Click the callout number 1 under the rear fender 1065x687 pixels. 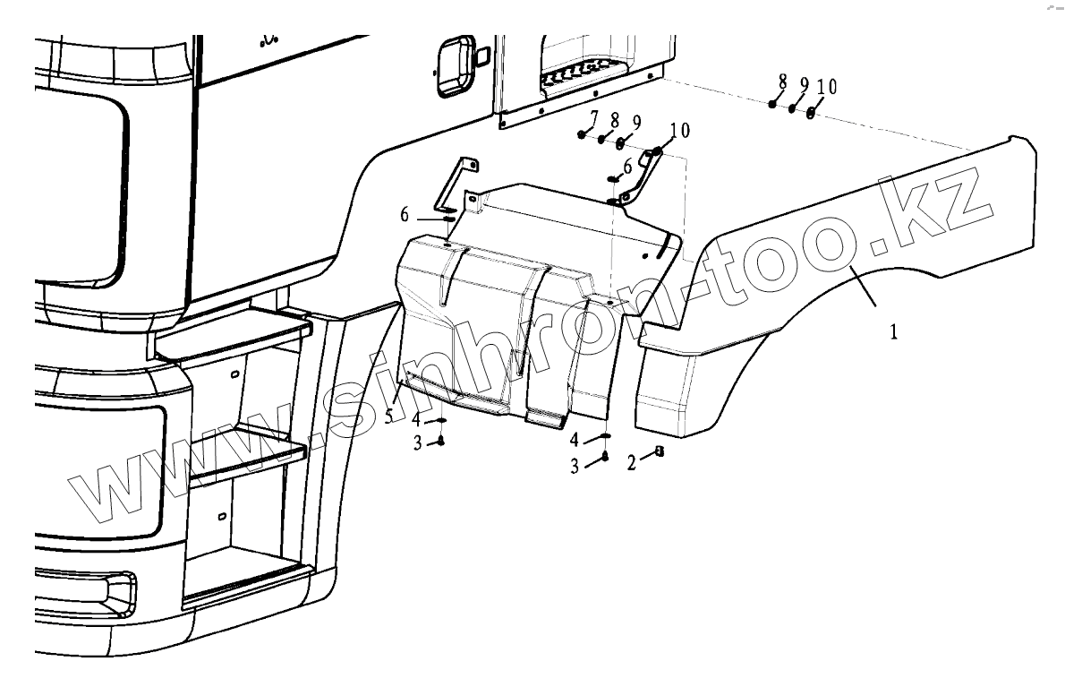893,331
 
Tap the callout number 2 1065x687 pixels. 631,463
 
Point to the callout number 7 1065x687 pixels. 593,117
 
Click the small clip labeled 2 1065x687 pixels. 660,451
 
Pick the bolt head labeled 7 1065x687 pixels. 582,134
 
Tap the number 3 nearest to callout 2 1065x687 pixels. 576,464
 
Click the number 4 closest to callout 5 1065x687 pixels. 416,418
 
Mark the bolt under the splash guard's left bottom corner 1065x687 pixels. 441,441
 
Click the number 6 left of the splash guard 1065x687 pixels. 405,214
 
